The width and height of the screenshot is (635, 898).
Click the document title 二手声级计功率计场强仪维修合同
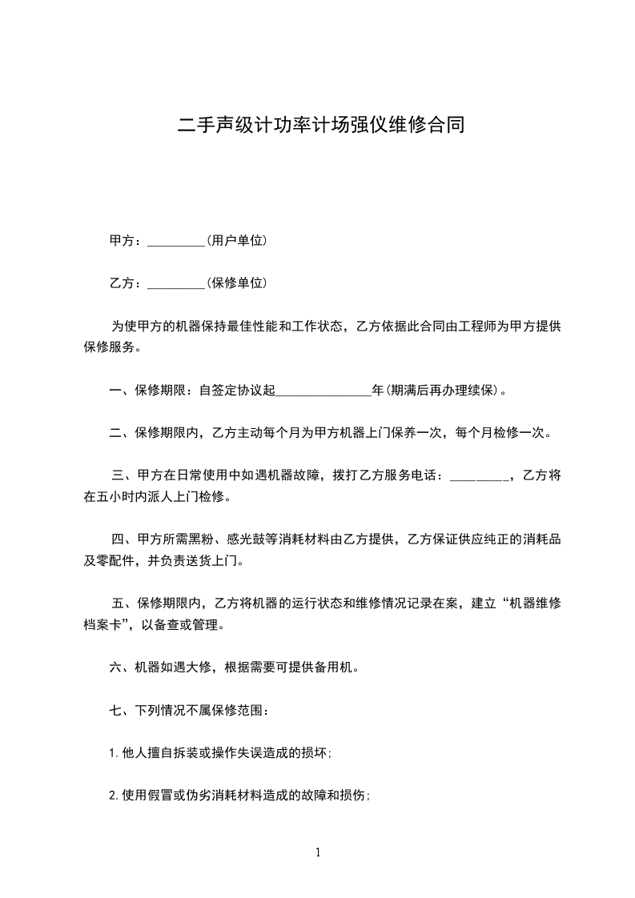[320, 126]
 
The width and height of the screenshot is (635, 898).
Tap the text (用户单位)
[236, 240]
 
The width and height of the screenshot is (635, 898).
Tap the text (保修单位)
[236, 283]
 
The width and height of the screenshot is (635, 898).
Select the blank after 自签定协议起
[324, 394]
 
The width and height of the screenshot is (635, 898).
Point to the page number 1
[318, 852]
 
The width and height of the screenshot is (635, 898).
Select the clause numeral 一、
[121, 391]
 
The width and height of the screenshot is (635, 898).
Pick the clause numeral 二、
[121, 433]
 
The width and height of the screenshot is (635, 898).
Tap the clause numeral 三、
[124, 475]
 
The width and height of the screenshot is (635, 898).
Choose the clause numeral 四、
[124, 539]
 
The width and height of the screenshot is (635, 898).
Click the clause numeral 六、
[121, 667]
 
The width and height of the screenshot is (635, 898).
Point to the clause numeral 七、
[121, 709]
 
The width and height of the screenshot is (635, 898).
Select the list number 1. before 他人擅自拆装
[113, 752]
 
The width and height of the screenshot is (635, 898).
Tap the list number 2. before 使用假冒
[113, 795]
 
